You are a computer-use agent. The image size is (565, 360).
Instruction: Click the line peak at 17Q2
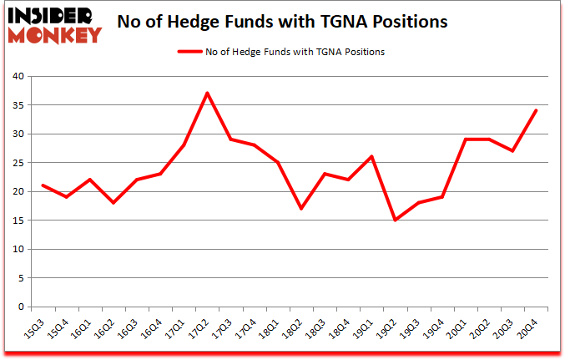click(207, 93)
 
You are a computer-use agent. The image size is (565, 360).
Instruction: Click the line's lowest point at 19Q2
click(395, 220)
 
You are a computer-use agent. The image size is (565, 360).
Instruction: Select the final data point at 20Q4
click(536, 110)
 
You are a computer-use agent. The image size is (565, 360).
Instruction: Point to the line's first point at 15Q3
click(43, 185)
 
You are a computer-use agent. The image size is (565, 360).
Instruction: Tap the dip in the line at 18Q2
click(301, 209)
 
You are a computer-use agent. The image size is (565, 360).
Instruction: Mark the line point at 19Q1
click(371, 156)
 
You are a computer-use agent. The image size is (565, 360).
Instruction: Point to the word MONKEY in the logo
click(57, 34)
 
